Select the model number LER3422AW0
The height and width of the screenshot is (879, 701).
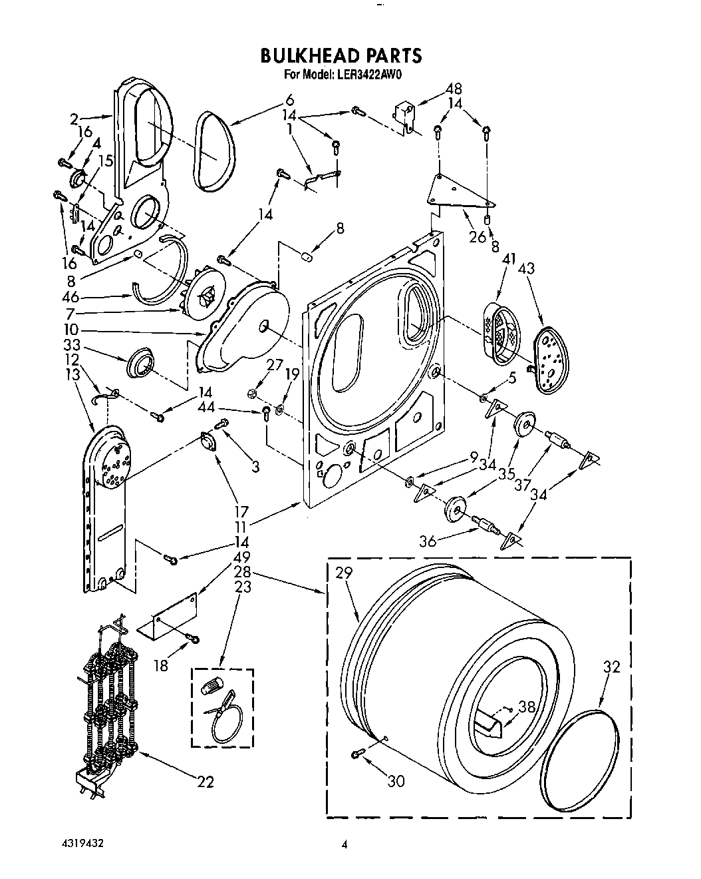coord(364,75)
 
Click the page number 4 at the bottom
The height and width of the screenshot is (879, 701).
coord(344,846)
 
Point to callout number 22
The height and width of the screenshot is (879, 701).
coord(206,781)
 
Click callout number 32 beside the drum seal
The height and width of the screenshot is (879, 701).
coord(612,667)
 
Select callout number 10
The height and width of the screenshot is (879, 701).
coord(71,330)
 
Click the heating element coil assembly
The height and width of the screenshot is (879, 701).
coord(110,706)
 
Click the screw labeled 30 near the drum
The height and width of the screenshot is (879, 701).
coord(357,752)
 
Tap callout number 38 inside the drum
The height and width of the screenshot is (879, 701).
coord(527,709)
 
